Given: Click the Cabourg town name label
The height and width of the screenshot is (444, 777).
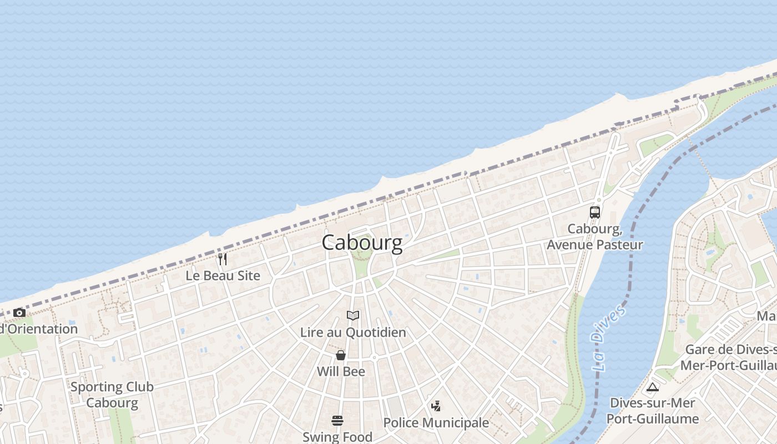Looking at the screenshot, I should tap(362, 243).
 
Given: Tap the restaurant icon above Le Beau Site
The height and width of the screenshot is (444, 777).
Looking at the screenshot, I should tap(222, 259).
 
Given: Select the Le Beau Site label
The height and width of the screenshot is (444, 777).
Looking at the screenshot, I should tap(223, 275).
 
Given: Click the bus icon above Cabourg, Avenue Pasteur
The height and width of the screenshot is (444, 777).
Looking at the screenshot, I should tap(594, 212).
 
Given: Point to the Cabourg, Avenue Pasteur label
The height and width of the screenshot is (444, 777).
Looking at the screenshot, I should tap(594, 237).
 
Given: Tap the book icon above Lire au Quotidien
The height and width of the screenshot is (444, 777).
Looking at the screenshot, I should tap(353, 316).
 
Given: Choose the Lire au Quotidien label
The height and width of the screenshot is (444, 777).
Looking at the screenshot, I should tap(353, 332).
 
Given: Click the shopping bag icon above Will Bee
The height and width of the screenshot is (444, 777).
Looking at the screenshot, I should tap(341, 355).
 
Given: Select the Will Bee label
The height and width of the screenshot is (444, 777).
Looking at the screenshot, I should tap(341, 371).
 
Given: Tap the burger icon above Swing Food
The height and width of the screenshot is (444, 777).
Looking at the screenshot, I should tap(337, 420).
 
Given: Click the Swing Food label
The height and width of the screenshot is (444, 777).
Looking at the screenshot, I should tap(337, 437).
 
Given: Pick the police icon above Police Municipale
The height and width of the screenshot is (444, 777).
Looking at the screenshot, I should tap(436, 406).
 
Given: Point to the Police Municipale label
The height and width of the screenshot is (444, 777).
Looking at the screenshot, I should tap(436, 423).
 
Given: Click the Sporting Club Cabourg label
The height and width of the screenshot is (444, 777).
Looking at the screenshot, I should tap(112, 395).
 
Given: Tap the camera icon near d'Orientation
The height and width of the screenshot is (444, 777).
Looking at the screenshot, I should tap(19, 313).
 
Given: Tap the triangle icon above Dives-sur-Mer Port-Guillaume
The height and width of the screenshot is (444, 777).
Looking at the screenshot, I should tap(652, 387).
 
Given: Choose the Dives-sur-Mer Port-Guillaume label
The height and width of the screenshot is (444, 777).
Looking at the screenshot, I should tap(652, 411).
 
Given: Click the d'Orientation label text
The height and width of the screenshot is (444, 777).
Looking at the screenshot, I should tap(39, 329).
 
